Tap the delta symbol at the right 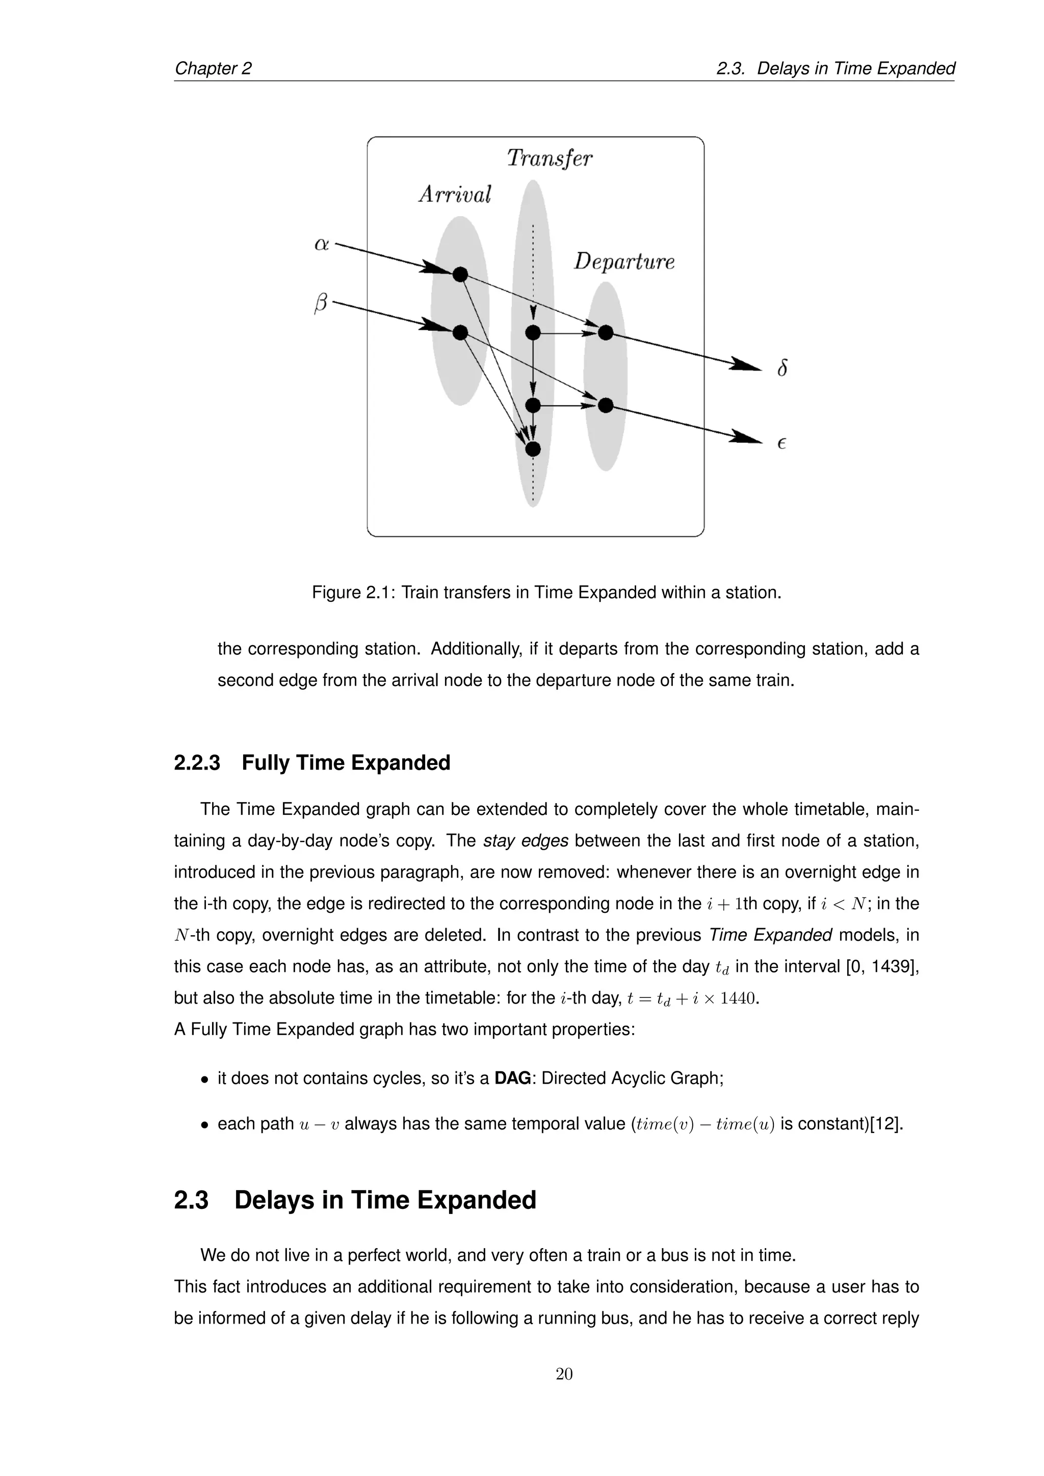click(781, 368)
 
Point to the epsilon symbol click(781, 443)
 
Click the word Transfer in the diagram click(549, 158)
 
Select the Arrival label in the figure click(455, 194)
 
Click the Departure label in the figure click(623, 261)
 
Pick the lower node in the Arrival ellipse click(460, 332)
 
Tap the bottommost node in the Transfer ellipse click(533, 449)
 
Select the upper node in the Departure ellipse click(606, 332)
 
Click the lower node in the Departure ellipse click(606, 406)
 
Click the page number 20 click(564, 1374)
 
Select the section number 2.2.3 click(197, 763)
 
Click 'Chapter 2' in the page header click(213, 68)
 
